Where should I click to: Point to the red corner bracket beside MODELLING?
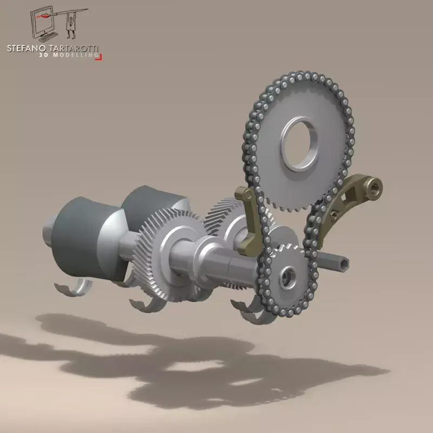(99, 56)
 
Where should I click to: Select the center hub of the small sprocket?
(286, 277)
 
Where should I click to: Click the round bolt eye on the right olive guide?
(375, 188)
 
